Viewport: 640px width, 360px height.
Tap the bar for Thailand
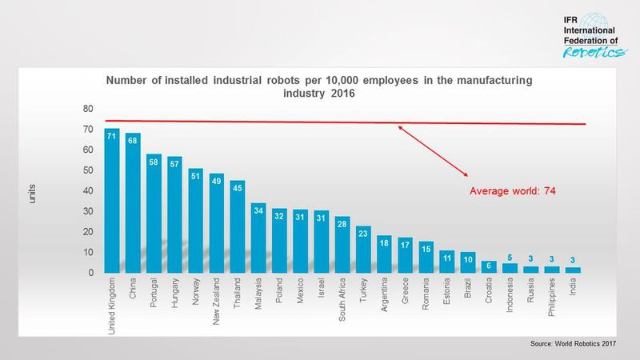238,227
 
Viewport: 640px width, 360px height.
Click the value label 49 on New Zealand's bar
217,181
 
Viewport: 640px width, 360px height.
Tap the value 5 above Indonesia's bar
510,257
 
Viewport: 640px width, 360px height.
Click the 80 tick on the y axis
88,109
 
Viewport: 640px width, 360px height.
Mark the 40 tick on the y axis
88,191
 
